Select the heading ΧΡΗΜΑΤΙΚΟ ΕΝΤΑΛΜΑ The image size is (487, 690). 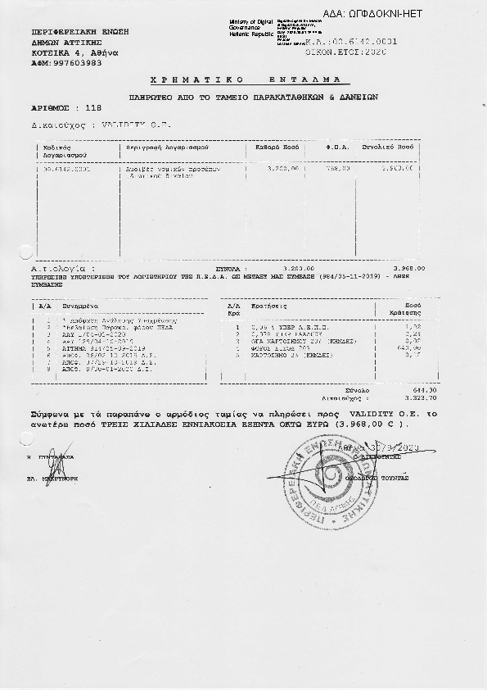tap(250, 80)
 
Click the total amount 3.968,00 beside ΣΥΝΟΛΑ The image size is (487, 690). tap(410, 268)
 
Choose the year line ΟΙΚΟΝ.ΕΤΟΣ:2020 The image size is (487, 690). tap(351, 52)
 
